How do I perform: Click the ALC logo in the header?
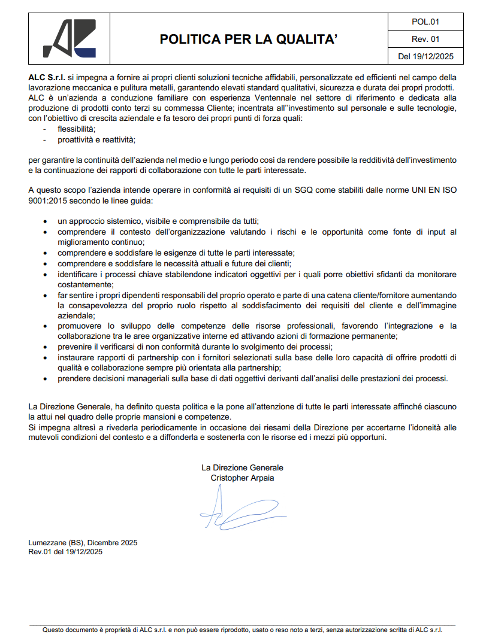pos(69,38)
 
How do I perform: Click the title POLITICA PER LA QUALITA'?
pos(248,40)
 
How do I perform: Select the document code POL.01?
pos(426,22)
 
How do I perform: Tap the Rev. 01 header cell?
pos(426,40)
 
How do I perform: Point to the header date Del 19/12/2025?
pos(426,57)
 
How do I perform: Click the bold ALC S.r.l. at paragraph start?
pos(47,78)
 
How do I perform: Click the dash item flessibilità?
pos(77,129)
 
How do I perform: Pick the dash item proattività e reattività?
pos(96,140)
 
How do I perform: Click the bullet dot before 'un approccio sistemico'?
pos(46,221)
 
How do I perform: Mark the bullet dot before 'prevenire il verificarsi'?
pos(46,347)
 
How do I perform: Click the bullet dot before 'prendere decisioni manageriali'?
pos(46,378)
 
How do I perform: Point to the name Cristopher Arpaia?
pos(242,478)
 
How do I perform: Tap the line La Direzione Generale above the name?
pos(242,467)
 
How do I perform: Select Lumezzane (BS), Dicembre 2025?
pos(83,543)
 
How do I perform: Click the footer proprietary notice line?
pos(242,630)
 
